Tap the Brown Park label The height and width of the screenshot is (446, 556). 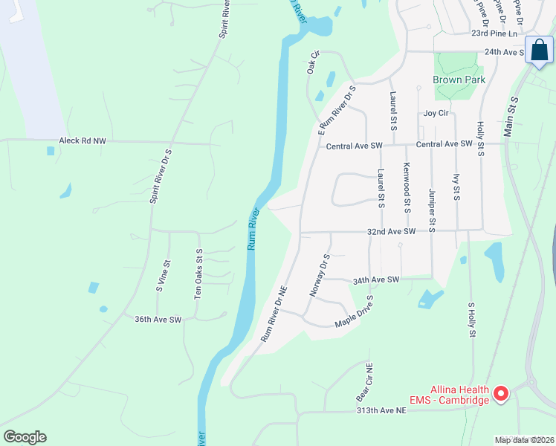(459, 80)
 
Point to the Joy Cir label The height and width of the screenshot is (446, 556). (436, 113)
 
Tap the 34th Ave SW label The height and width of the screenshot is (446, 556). (376, 279)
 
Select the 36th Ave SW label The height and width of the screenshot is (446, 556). (158, 320)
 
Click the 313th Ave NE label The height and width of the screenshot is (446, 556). (381, 410)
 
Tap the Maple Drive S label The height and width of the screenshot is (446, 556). (354, 313)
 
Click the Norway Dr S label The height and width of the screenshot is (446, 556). (318, 276)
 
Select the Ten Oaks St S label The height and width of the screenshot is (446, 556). (198, 274)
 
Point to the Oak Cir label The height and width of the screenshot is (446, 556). (312, 62)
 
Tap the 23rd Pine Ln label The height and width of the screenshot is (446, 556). (494, 33)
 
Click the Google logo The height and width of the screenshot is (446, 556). (25, 437)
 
